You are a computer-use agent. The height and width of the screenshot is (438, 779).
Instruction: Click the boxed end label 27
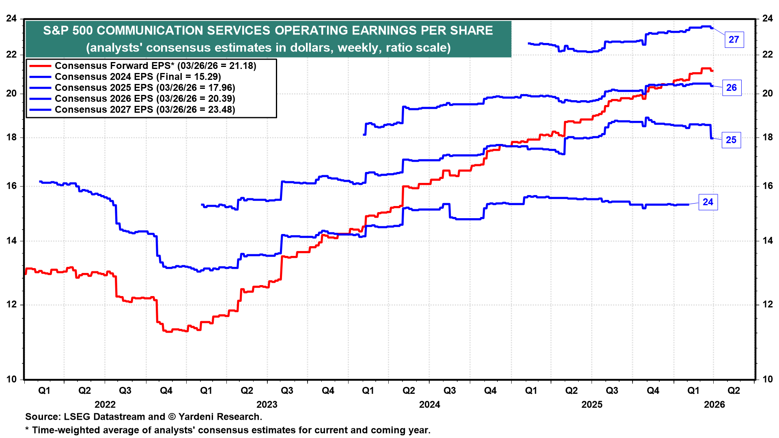(x=734, y=40)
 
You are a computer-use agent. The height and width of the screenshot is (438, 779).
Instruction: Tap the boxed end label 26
(x=732, y=88)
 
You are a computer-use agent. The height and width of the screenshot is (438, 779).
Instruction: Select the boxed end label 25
(x=731, y=140)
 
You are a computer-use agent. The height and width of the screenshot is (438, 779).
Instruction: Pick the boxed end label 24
(x=708, y=202)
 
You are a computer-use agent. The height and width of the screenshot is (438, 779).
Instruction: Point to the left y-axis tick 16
(x=11, y=186)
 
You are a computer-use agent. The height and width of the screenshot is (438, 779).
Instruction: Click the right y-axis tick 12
(x=768, y=305)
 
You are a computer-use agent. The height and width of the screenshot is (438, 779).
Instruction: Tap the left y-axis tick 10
(x=11, y=379)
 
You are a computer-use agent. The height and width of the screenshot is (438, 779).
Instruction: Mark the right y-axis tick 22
(x=768, y=54)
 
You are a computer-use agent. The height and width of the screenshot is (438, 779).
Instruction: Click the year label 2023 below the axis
(x=267, y=404)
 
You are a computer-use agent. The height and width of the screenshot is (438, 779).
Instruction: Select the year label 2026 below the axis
(x=714, y=404)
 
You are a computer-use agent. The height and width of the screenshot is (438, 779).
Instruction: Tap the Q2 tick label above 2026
(x=734, y=391)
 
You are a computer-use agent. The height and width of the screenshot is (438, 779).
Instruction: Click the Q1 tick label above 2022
(x=44, y=391)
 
